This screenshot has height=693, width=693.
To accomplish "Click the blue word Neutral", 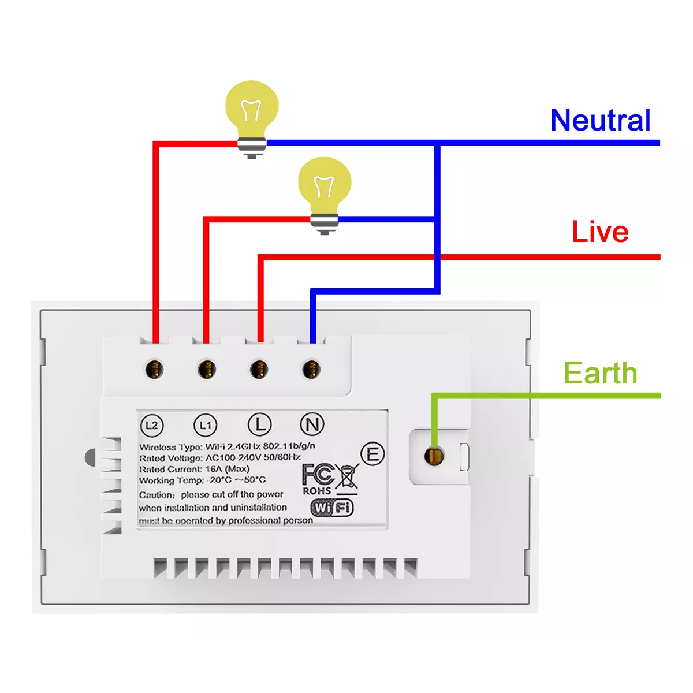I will point(600,120).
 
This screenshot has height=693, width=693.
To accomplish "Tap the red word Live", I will point(600,232).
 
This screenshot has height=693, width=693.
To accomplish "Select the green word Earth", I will point(600,373).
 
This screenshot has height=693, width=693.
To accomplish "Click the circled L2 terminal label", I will point(152,426).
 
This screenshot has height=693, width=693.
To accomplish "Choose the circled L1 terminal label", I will point(206,426).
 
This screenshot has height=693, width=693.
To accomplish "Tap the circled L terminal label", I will point(259,424).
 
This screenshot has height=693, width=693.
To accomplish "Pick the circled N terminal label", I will point(312,424).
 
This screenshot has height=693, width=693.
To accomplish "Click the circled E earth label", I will point(372,454).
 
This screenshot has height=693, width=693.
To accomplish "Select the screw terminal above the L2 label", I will point(155,368).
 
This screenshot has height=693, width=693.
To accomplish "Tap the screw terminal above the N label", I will point(311,368).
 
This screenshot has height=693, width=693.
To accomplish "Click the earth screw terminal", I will point(433,456).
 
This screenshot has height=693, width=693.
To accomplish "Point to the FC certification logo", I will point(317,475).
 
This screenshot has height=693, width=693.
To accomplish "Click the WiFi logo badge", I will point(332,508).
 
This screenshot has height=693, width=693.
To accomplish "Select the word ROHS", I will point(317,491).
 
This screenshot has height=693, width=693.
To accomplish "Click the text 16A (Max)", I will point(228,469).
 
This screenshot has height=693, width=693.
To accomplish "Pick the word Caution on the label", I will point(156,495).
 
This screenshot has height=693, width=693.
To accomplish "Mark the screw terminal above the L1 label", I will point(207,368).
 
